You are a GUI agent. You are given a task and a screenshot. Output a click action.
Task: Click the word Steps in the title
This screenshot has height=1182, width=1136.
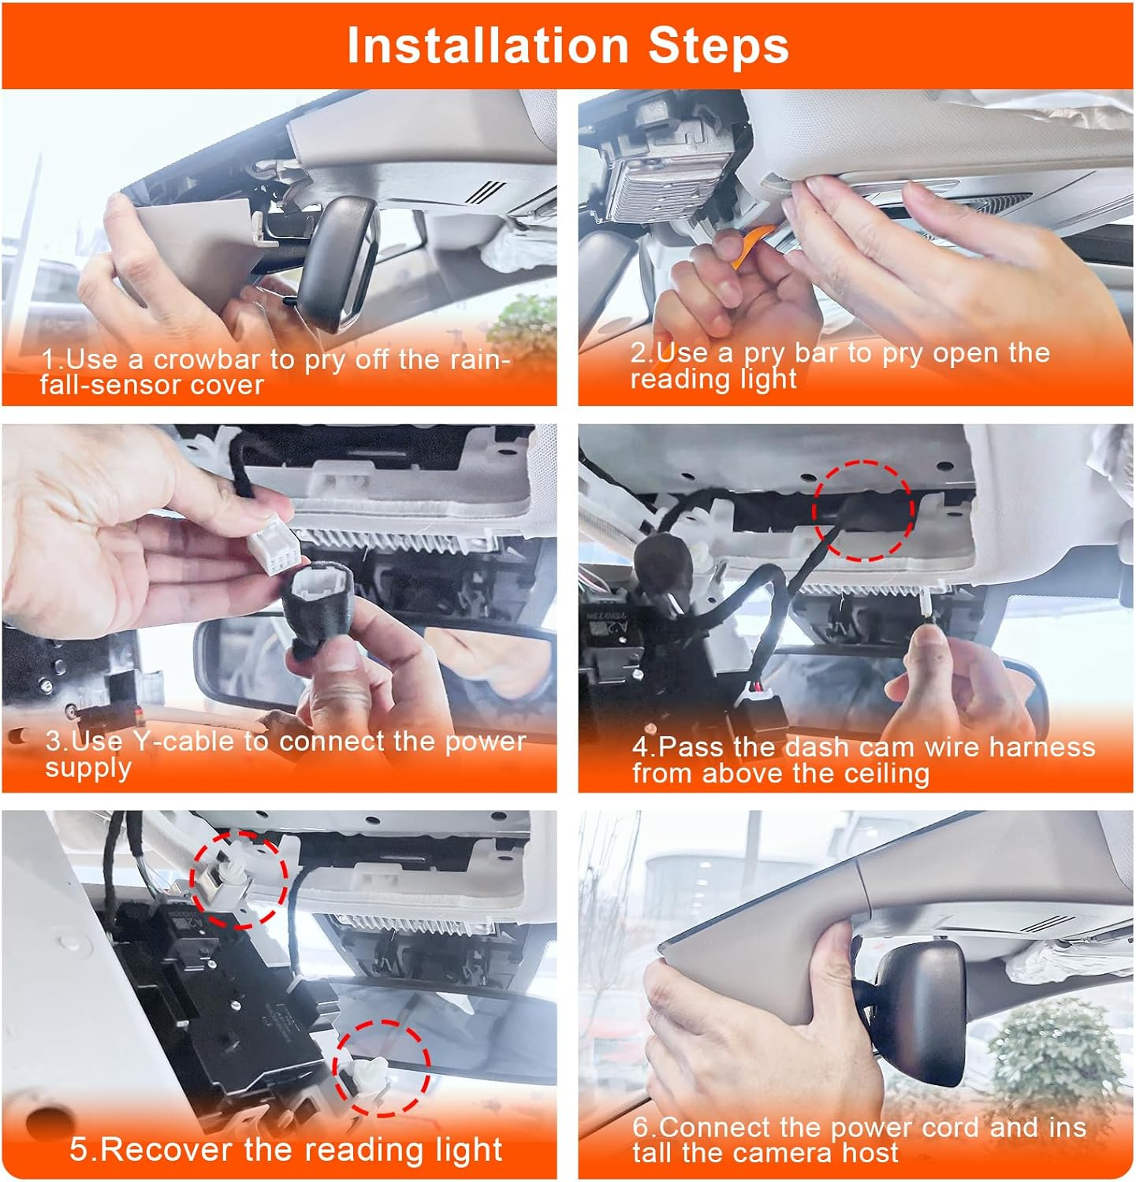[x=718, y=46]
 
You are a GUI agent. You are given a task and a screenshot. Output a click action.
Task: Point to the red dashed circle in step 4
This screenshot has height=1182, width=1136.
[x=862, y=511]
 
